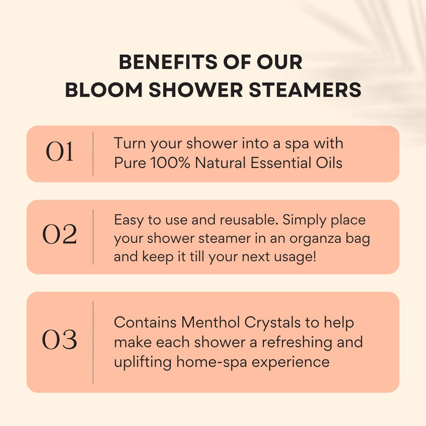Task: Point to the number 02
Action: tap(60, 236)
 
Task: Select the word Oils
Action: tap(329, 163)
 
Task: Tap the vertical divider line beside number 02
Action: tap(93, 237)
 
